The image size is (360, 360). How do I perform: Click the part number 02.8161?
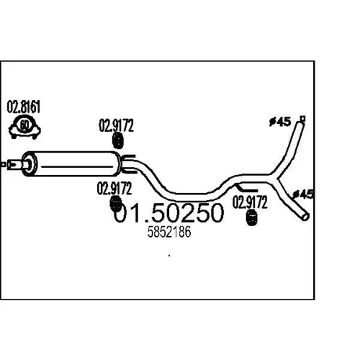(x=23, y=107)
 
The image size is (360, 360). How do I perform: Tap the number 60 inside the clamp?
(x=24, y=125)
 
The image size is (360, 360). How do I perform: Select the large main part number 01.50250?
(x=168, y=212)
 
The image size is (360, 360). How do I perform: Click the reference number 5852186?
(x=169, y=232)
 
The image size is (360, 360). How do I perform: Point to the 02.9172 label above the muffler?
(x=116, y=125)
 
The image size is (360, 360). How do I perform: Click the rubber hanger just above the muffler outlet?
(x=118, y=140)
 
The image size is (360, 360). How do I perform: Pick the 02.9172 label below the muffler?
(x=114, y=189)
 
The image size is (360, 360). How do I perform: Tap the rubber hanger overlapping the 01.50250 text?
(x=115, y=204)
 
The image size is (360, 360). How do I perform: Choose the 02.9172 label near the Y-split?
(x=250, y=202)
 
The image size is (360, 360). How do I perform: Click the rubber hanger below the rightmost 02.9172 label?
(x=251, y=217)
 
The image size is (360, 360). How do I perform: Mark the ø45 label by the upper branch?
(x=280, y=122)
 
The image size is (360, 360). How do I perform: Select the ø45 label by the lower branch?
(x=303, y=194)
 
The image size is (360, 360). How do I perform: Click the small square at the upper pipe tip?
(x=303, y=118)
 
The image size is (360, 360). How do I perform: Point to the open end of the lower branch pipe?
(x=305, y=217)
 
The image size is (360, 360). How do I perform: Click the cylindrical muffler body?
(x=72, y=164)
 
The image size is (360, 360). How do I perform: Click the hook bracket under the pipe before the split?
(x=246, y=188)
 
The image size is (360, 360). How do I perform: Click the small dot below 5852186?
(x=169, y=256)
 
